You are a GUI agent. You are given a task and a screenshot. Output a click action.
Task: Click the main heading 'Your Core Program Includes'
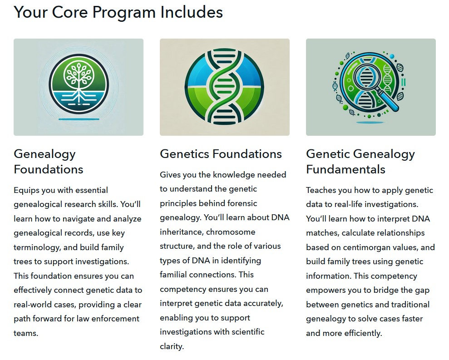(x=118, y=12)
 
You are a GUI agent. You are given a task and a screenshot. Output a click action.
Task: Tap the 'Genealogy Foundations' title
(x=49, y=162)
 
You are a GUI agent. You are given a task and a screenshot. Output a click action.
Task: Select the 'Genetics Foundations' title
(x=221, y=154)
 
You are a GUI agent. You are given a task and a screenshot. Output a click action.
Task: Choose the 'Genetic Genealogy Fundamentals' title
(x=360, y=162)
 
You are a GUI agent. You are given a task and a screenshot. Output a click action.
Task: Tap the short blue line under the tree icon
(x=79, y=119)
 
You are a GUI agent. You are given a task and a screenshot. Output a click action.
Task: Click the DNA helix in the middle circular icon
(x=224, y=87)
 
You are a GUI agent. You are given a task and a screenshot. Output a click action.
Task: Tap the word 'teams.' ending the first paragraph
(x=26, y=333)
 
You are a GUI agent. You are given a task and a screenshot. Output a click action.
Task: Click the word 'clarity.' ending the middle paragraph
(x=172, y=346)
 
